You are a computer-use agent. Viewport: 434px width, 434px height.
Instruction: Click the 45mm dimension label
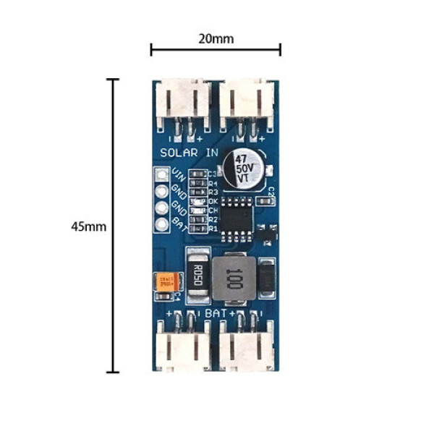[89, 226]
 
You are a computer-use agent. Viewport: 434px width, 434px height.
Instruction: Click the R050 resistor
[198, 274]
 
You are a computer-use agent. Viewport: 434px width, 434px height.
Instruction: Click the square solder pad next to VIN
[161, 175]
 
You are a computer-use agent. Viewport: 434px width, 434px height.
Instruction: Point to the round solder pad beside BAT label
[161, 224]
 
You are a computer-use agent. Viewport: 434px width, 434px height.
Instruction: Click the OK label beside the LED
[213, 201]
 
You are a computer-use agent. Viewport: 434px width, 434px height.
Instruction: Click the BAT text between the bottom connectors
[216, 313]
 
